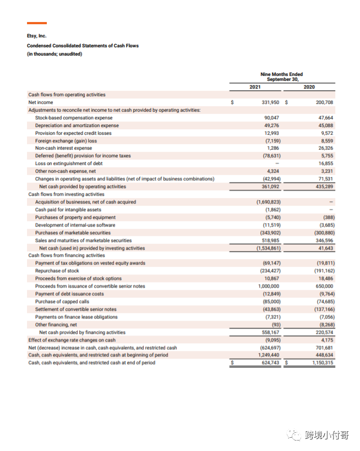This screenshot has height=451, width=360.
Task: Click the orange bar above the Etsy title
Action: (37, 23)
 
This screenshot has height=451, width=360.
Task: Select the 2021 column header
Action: (255, 87)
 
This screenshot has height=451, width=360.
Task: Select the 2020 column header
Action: (309, 87)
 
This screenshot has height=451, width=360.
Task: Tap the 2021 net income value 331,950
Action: (270, 102)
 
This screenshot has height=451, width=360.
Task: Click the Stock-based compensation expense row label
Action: (74, 118)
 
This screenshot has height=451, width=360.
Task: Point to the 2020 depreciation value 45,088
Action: (326, 125)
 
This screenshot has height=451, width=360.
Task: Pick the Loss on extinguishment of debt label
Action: (69, 163)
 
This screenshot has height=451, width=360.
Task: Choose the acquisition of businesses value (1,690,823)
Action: (269, 202)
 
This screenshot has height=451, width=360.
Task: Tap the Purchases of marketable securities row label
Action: (73, 233)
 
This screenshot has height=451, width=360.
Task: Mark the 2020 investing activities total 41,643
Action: (326, 248)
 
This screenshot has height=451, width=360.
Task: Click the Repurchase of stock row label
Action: (57, 271)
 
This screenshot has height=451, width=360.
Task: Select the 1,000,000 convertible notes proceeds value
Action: (269, 286)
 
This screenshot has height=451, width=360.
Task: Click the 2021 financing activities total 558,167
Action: (270, 332)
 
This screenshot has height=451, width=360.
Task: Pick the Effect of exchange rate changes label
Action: (72, 340)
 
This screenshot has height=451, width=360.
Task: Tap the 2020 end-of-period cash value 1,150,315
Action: (323, 362)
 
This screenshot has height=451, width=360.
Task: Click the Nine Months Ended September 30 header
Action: (282, 77)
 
